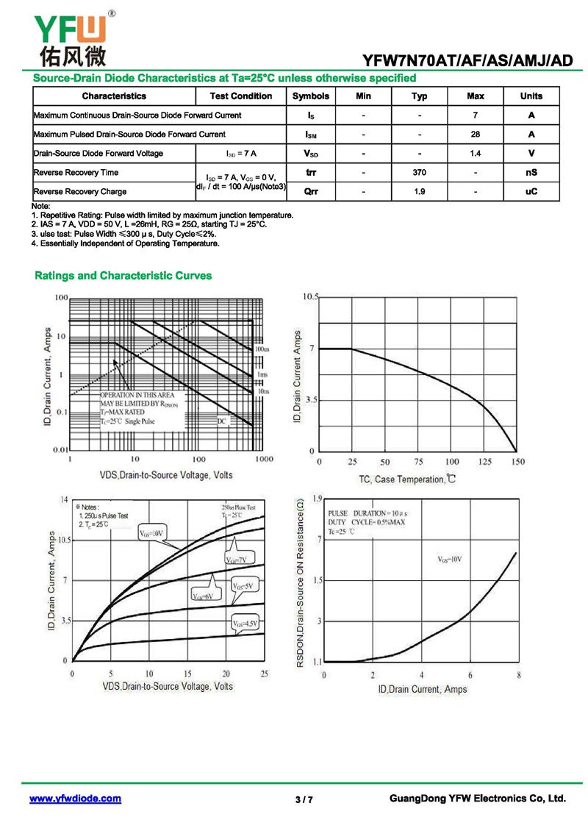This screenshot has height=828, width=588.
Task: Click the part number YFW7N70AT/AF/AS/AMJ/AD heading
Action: [467, 61]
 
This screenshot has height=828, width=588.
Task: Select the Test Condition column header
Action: [240, 96]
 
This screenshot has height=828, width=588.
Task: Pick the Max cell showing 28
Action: [475, 135]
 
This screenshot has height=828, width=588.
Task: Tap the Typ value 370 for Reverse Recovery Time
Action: [419, 173]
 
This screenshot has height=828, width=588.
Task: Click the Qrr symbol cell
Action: [310, 191]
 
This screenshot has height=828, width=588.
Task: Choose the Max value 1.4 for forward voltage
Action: [475, 154]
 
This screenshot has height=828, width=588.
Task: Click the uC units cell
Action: [531, 191]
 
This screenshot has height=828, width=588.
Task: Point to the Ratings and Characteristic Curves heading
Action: [123, 276]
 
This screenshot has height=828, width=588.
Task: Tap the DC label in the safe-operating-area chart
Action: [222, 421]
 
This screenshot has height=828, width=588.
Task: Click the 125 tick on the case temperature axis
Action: [485, 462]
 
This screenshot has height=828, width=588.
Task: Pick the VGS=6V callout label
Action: [202, 596]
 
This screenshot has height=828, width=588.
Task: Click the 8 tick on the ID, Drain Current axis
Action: [519, 675]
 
